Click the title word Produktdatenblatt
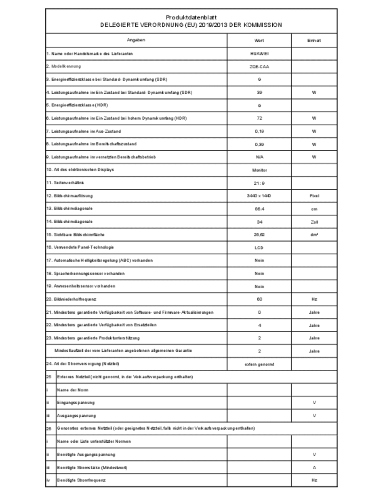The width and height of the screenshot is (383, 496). (191, 17)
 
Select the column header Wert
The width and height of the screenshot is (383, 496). (259, 40)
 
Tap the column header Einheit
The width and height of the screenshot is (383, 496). (314, 40)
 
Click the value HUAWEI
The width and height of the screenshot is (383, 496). (259, 53)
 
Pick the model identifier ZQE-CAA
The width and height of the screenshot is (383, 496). (259, 67)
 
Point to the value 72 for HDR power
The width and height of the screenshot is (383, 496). (259, 118)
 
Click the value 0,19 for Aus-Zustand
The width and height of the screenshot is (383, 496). (259, 131)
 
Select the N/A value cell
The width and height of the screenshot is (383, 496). (259, 157)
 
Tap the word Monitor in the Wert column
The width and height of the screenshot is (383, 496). (259, 170)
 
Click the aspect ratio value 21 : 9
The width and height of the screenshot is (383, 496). (259, 183)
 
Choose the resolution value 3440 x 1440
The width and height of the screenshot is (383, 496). (259, 196)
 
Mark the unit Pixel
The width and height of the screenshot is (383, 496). (314, 196)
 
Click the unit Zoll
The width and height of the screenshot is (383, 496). (314, 222)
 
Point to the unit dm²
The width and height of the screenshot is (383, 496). (314, 234)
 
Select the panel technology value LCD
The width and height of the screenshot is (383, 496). (259, 247)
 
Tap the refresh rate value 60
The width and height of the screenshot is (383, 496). (259, 299)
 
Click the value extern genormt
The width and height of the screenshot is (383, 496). (259, 364)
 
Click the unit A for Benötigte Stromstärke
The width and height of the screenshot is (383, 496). (314, 467)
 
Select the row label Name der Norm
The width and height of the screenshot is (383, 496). (73, 390)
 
